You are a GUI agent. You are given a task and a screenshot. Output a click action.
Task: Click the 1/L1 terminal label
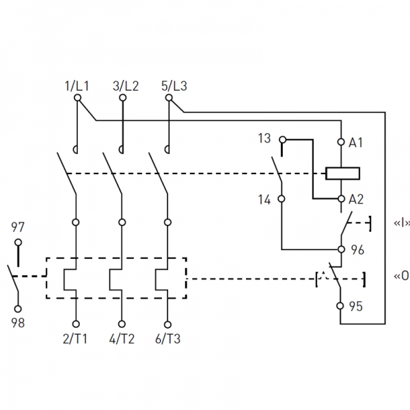77,86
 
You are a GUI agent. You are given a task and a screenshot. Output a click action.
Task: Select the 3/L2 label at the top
126,86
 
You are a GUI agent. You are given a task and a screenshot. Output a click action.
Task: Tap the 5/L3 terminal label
174,86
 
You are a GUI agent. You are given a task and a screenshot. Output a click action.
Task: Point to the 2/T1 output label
75,339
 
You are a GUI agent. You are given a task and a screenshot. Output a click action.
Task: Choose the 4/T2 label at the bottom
122,339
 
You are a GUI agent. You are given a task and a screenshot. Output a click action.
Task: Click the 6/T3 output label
168,339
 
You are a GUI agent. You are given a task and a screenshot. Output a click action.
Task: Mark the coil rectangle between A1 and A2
342,174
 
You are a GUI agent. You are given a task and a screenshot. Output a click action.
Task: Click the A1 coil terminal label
355,143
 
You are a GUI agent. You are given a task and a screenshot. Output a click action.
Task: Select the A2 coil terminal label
356,200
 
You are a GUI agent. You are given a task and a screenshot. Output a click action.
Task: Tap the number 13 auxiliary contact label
264,138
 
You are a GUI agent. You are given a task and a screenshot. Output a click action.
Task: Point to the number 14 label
264,200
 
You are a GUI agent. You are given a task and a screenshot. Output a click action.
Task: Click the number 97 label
18,227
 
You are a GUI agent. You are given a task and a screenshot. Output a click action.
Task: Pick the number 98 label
18,323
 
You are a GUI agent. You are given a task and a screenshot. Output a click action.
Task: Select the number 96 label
357,250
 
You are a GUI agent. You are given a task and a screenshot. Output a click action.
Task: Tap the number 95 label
356,306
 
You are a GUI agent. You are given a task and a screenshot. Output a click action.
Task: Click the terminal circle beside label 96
341,249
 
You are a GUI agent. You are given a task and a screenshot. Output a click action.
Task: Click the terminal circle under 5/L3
169,98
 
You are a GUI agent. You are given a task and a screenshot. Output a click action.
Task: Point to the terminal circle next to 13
283,139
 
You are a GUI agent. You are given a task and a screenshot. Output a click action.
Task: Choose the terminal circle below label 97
18,243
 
